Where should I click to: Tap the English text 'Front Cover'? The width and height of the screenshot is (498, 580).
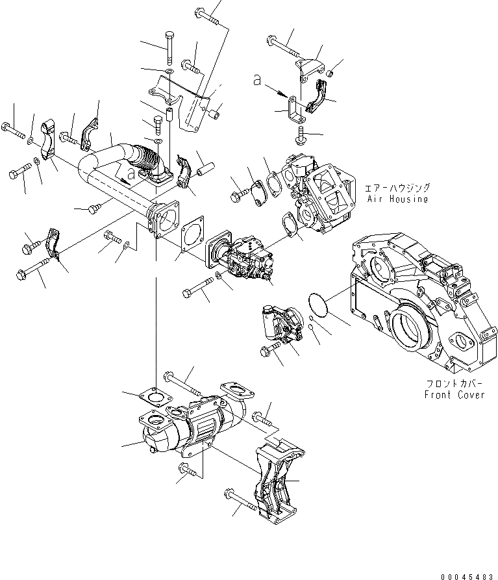tap(454, 394)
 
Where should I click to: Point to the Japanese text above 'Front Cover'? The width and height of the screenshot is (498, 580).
tap(454, 383)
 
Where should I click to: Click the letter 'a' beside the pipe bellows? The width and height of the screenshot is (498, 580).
tap(131, 173)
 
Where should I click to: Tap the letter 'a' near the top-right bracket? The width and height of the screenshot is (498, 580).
tap(258, 80)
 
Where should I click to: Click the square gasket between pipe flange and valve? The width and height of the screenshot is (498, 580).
tap(191, 234)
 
